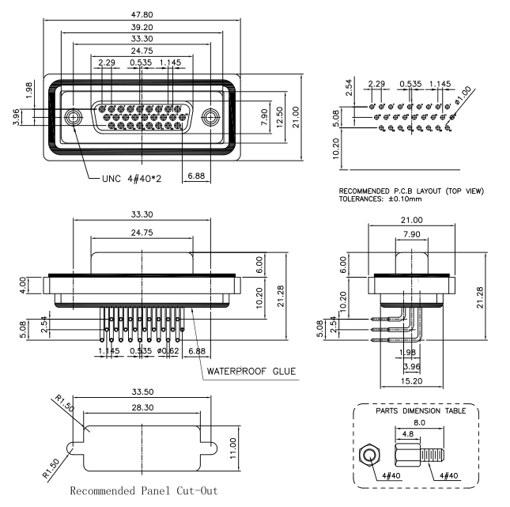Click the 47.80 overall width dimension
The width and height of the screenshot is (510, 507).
click(142, 15)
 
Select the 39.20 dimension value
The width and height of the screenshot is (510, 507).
click(142, 28)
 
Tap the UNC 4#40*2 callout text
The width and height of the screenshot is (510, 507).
click(131, 179)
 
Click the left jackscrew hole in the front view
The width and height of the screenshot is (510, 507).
click(73, 117)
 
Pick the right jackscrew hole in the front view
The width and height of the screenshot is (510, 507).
click(210, 117)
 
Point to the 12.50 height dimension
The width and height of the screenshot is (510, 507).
click(280, 117)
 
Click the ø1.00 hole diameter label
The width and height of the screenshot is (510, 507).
click(463, 95)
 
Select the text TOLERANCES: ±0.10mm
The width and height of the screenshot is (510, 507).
click(380, 199)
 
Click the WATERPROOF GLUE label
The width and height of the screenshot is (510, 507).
click(251, 371)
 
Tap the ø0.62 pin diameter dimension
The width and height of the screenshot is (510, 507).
click(168, 351)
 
